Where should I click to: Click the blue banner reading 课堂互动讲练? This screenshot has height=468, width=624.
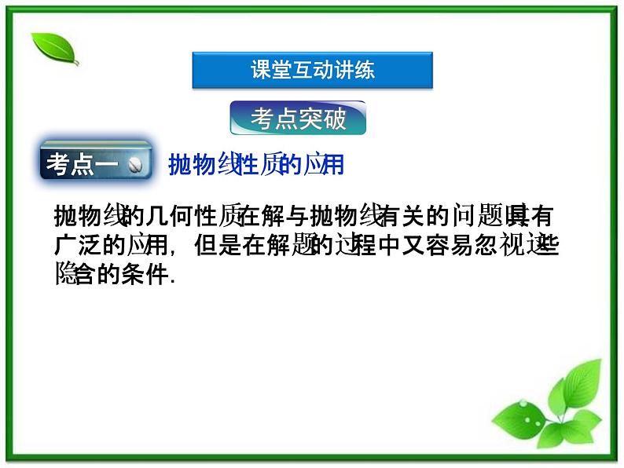(x=312, y=70)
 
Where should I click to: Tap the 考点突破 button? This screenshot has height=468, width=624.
(x=298, y=119)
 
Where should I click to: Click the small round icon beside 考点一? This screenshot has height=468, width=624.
(x=134, y=165)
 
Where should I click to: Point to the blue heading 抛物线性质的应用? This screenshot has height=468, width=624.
(x=256, y=165)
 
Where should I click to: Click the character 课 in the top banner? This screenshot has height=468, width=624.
(x=261, y=70)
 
